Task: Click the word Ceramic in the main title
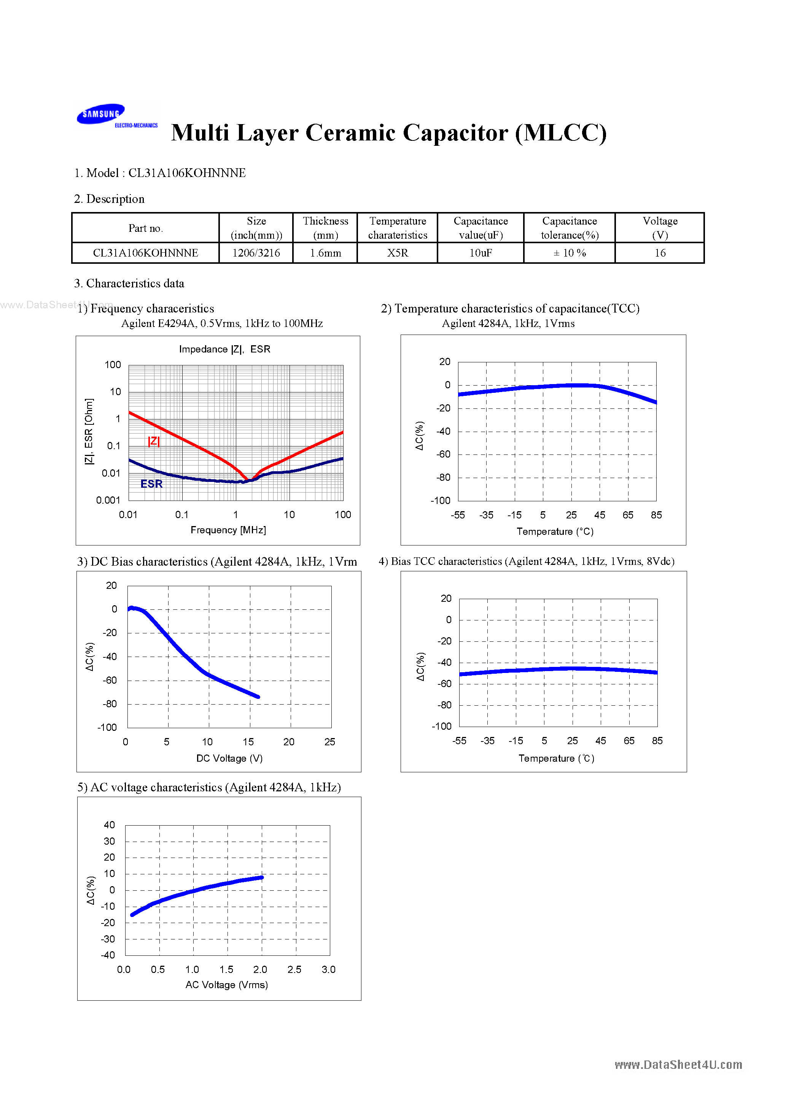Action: (x=350, y=133)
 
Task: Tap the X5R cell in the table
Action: (x=397, y=253)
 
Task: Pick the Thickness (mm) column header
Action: (x=325, y=228)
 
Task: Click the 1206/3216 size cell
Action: (x=256, y=253)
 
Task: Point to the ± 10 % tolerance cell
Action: (x=570, y=253)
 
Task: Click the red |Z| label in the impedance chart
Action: (x=154, y=441)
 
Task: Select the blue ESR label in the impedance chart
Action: (x=151, y=484)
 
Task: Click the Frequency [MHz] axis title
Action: (x=228, y=530)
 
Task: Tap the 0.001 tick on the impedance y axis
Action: (x=108, y=500)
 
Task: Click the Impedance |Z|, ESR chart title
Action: (x=224, y=349)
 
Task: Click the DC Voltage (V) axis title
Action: (x=229, y=758)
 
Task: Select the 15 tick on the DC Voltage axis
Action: (x=248, y=741)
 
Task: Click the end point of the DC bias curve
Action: (x=258, y=697)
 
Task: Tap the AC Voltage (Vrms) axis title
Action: (x=226, y=985)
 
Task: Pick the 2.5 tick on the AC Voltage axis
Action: (x=294, y=969)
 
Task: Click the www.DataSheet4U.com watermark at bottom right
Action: (x=678, y=1065)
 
